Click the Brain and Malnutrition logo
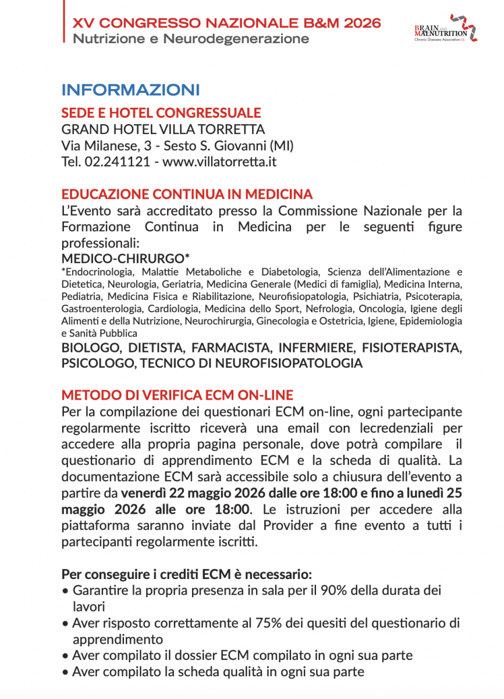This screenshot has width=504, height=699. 446,30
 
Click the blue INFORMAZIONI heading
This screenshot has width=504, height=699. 130,90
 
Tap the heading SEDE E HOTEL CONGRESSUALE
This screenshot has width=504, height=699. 161,112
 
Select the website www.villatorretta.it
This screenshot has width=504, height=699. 219,161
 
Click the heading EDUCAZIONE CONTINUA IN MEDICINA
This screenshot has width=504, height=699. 187,194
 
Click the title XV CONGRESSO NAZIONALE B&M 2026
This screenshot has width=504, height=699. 227,23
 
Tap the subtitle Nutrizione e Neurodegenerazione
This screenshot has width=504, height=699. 191,39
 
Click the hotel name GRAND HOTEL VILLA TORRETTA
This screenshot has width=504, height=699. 163,129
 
